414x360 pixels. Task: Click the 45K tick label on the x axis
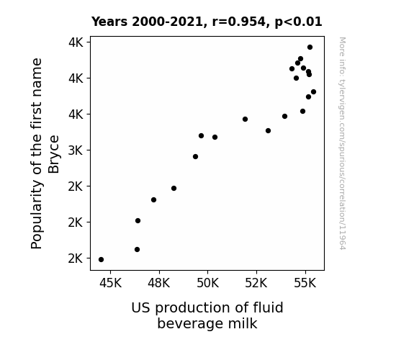click(x=110, y=283)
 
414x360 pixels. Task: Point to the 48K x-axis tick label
click(x=159, y=283)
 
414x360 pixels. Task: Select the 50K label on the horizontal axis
click(x=208, y=283)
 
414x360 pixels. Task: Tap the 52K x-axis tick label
click(x=256, y=283)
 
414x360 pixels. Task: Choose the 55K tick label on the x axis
click(x=305, y=283)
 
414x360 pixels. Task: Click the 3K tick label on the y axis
click(x=76, y=150)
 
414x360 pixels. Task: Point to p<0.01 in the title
click(x=299, y=22)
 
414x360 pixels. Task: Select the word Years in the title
click(x=109, y=22)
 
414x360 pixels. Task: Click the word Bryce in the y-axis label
click(x=53, y=154)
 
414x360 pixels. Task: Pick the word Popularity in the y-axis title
click(x=37, y=215)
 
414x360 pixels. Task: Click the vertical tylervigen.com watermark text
click(x=343, y=143)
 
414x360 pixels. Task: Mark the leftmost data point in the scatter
click(x=101, y=260)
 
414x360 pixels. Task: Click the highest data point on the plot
click(x=310, y=48)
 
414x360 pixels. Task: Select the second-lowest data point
click(x=137, y=250)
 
